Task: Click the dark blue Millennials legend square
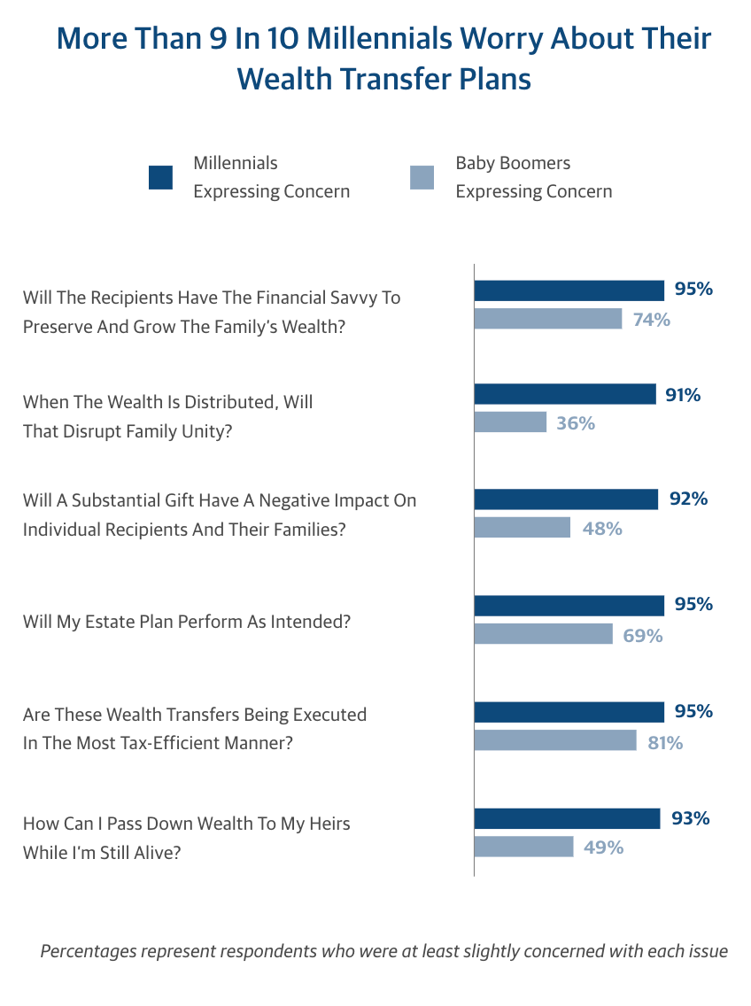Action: [160, 177]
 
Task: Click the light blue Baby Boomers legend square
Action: [422, 177]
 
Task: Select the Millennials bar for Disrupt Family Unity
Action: [565, 394]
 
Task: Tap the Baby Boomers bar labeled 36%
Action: [511, 422]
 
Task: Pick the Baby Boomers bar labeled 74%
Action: [548, 319]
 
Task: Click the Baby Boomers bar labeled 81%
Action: [555, 740]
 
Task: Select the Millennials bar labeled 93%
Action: [567, 818]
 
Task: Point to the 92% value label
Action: [688, 499]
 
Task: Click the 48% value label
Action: [602, 529]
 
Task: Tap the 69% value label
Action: [642, 635]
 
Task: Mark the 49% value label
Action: [603, 847]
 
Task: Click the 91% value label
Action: [683, 395]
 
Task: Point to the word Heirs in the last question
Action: [328, 824]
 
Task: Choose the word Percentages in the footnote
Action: [89, 952]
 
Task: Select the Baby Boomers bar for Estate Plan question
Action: [543, 634]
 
